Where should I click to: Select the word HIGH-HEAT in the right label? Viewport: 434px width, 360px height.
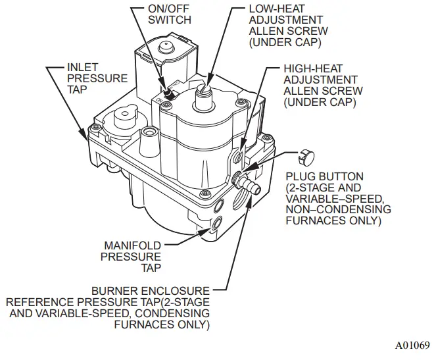[311, 69]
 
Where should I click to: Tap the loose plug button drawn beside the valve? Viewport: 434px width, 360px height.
[304, 157]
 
